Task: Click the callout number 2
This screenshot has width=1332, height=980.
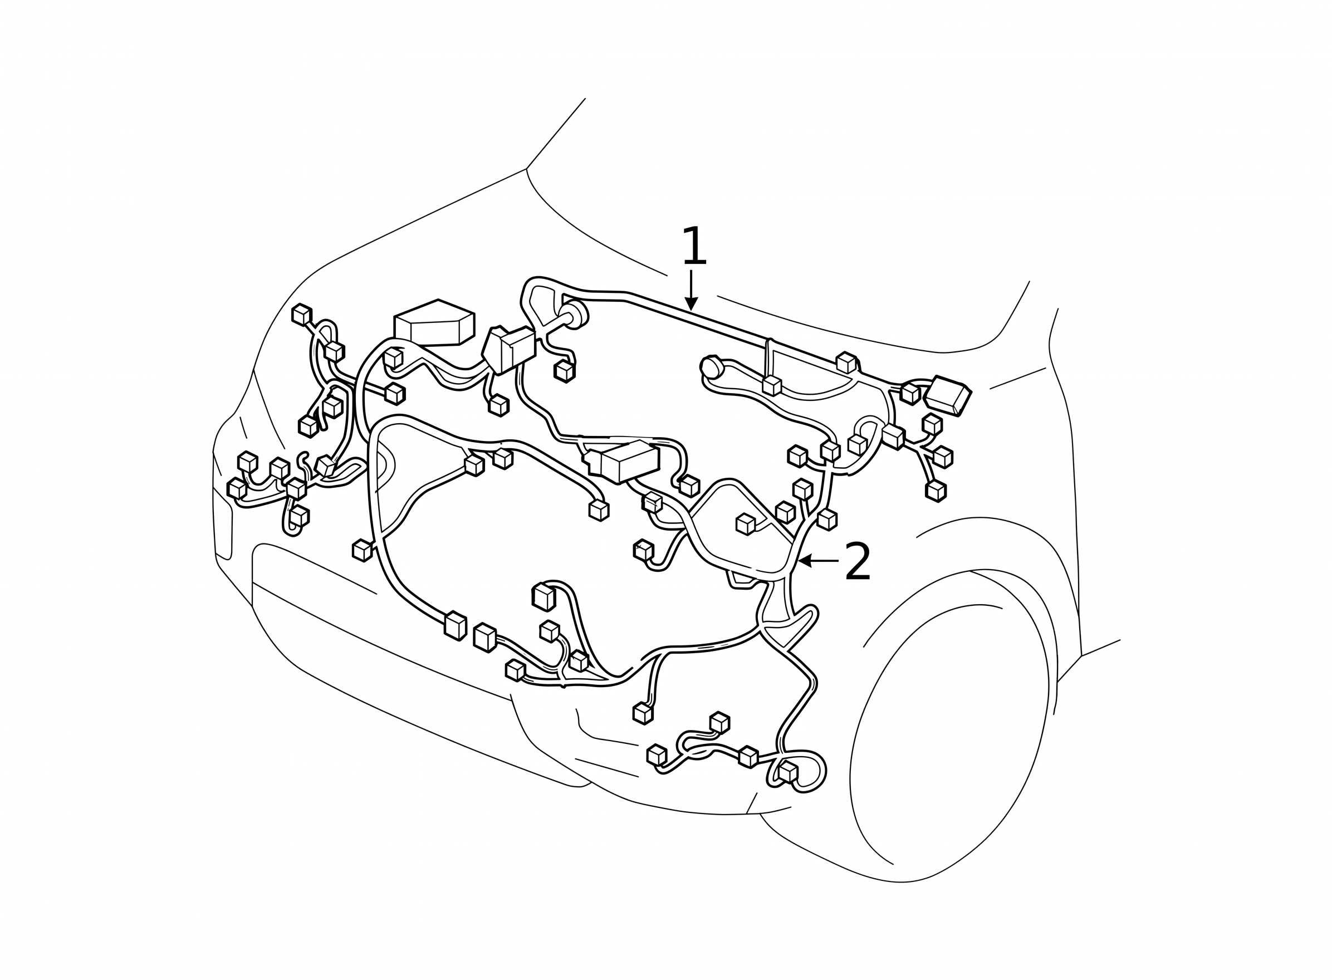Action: pos(858,562)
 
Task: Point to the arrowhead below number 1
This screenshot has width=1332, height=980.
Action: pos(691,303)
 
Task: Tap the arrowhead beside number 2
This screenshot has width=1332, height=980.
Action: pos(805,560)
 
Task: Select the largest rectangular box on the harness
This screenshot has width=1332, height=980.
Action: pos(434,324)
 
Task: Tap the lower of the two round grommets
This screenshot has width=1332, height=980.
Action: pos(712,367)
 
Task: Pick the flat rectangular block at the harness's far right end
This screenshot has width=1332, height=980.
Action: pos(948,395)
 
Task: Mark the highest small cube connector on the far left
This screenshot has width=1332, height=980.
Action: pos(301,315)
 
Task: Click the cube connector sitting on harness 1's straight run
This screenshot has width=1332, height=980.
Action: pos(846,362)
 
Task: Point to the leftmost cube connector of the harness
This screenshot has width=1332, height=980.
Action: pos(237,488)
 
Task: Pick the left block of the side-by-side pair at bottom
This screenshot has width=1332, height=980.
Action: pos(455,625)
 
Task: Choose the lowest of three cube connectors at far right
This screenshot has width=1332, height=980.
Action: pos(936,491)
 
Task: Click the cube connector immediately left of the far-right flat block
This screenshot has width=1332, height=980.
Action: pos(909,393)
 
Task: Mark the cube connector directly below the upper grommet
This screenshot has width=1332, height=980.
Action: pos(564,371)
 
